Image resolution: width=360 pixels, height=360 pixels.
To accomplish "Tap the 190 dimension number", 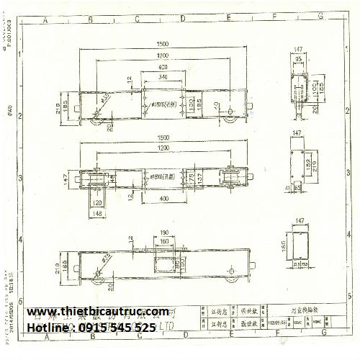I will [x=165, y=233].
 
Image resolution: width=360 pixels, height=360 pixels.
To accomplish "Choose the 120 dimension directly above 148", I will [x=96, y=203].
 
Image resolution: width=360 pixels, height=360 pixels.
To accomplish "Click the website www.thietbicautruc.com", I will [x=102, y=312].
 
